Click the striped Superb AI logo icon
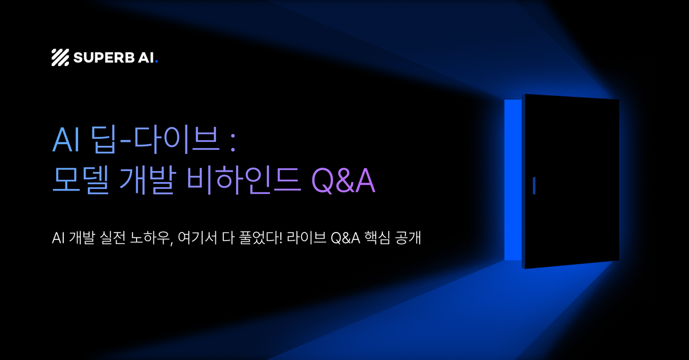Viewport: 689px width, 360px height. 60,57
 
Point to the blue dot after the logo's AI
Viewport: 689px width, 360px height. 156,61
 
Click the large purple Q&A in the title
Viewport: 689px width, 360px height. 343,181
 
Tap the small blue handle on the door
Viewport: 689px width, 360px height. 534,185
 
